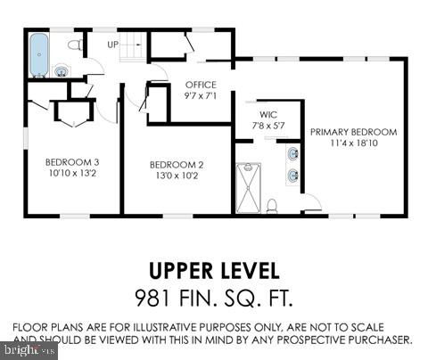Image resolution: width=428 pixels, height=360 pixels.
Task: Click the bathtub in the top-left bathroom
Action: click(38, 54)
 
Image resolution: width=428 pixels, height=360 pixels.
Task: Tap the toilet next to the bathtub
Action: click(76, 44)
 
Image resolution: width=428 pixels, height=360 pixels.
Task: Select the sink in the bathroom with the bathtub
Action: click(61, 70)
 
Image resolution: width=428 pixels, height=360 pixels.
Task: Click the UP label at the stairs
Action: click(112, 44)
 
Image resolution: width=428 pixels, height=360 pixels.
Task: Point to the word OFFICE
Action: click(201, 85)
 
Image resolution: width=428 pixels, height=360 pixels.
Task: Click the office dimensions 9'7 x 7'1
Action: click(201, 94)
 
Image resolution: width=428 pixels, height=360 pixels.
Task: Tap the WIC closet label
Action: click(267, 115)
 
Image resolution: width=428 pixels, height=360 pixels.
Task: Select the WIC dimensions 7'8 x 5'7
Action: click(267, 126)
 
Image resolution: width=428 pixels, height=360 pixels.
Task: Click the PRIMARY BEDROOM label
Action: click(353, 132)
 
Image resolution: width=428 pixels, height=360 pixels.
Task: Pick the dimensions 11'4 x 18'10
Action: click(353, 143)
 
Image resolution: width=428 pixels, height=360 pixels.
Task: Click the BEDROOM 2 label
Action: click(177, 164)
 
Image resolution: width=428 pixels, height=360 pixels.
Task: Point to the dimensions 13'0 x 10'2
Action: click(177, 175)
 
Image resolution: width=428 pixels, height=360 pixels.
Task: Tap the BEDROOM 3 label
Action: click(72, 162)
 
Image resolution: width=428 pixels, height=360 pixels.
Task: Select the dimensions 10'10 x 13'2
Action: click(72, 173)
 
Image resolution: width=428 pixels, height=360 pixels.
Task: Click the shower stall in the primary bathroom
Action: click(249, 186)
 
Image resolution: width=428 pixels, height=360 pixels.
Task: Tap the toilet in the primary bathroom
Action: click(273, 206)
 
